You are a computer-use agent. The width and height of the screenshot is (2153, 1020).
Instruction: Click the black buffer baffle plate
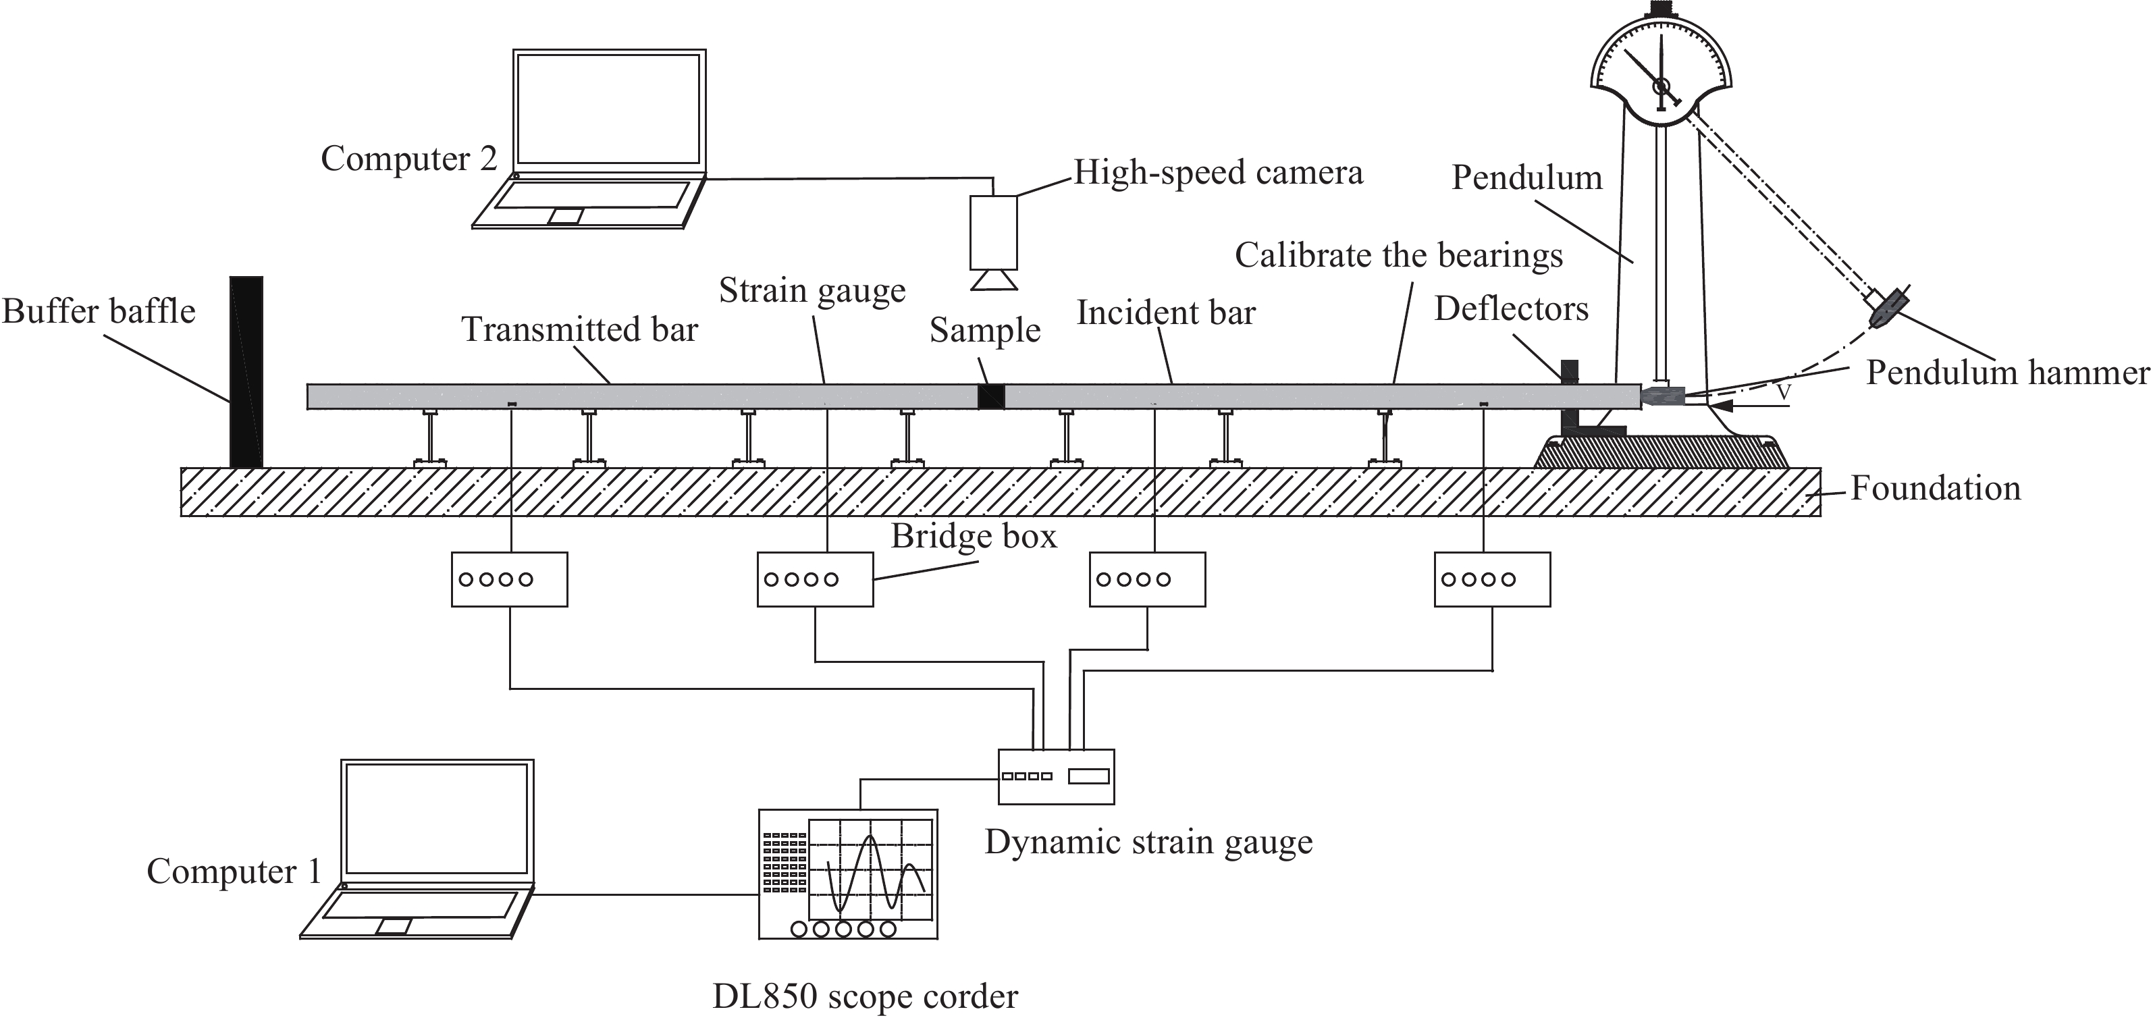pos(246,372)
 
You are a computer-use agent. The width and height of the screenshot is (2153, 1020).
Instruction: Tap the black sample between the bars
pos(990,397)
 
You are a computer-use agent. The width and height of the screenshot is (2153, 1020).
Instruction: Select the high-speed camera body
pos(994,232)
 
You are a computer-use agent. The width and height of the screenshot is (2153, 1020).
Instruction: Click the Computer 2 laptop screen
pos(608,109)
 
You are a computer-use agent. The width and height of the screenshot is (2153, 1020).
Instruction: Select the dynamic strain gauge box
pos(1057,777)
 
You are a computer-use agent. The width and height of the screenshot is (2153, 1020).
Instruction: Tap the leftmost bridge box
pos(509,579)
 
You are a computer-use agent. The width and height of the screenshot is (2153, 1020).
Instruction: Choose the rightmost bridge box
pos(1492,579)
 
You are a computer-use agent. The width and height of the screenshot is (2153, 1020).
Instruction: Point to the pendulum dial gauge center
pos(1661,85)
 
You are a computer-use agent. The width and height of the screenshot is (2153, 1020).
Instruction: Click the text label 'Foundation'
pos(1935,488)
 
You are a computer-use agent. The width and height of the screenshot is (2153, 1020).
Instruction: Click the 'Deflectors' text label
pos(1511,309)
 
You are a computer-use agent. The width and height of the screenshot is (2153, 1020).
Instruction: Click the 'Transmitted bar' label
pos(579,329)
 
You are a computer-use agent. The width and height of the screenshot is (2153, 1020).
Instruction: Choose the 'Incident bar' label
pos(1165,313)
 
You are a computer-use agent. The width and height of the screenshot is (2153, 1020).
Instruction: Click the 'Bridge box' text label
pos(974,536)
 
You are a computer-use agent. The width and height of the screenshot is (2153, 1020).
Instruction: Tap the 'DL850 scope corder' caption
pos(865,996)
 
